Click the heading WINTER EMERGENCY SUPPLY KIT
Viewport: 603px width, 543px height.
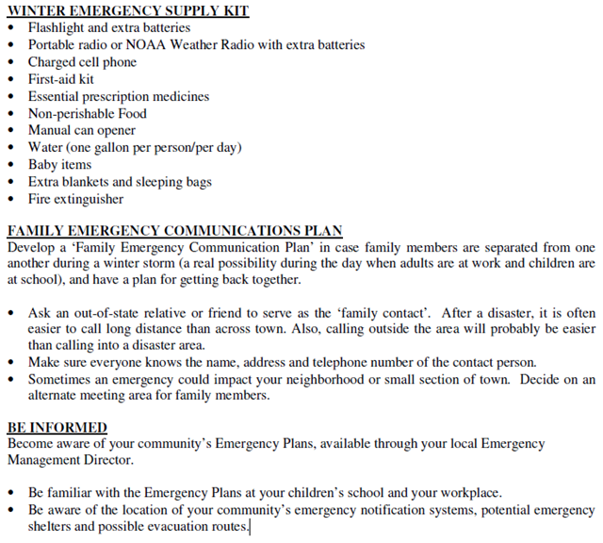point(127,10)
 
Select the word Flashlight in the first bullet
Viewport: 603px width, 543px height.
point(57,28)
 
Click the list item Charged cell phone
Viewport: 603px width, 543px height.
point(82,62)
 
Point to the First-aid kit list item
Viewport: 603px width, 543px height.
point(61,79)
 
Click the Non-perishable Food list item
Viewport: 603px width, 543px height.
point(88,113)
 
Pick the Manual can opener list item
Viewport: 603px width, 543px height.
point(82,130)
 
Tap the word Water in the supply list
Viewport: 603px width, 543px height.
point(46,147)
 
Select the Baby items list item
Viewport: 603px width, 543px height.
point(60,165)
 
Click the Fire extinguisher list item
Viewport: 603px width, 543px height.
point(75,199)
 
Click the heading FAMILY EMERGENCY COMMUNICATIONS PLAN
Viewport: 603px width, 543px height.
point(174,231)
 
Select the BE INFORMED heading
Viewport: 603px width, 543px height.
point(57,427)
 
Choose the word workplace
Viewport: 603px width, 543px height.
point(466,493)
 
